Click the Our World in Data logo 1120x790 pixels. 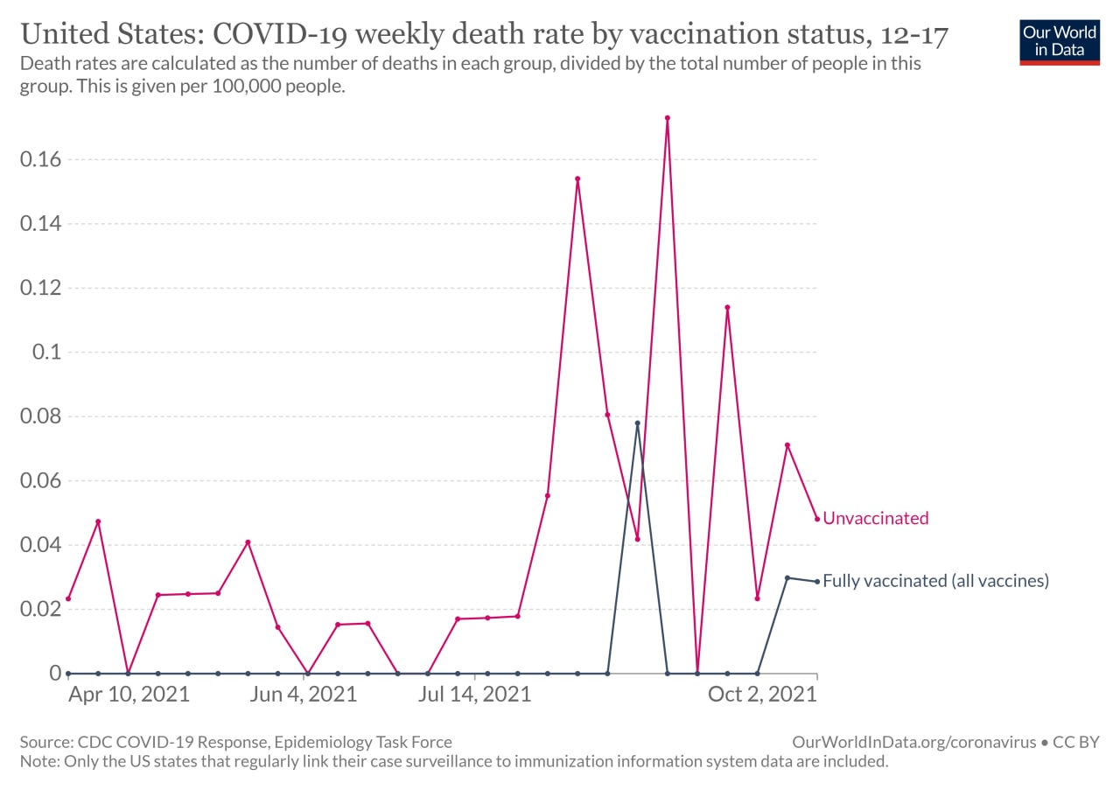click(x=1060, y=43)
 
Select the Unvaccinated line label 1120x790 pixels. click(x=876, y=518)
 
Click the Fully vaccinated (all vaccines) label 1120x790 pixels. click(x=935, y=581)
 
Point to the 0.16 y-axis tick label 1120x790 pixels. click(x=40, y=159)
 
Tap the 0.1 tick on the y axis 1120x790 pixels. click(x=46, y=352)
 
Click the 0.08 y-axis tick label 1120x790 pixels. click(x=40, y=416)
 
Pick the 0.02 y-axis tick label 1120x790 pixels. click(x=40, y=609)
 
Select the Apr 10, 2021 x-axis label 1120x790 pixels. click(x=129, y=695)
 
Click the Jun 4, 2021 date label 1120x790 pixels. click(x=304, y=695)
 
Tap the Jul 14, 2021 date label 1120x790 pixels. click(x=474, y=695)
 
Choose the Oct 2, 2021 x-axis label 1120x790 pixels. click(x=762, y=695)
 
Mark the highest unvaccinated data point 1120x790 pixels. click(x=668, y=118)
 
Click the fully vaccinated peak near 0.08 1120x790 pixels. click(x=638, y=423)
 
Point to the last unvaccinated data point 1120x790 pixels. click(x=817, y=519)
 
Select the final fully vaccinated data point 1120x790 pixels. click(x=817, y=582)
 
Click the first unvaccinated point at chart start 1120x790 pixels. click(x=68, y=598)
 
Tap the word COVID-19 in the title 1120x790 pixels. click(x=279, y=34)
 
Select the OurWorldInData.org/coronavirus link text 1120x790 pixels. click(x=914, y=742)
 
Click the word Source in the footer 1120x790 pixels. click(x=46, y=742)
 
